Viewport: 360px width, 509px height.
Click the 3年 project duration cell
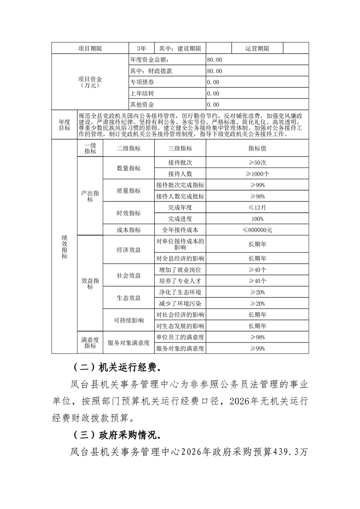tap(141, 48)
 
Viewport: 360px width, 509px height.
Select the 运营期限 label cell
tap(257, 48)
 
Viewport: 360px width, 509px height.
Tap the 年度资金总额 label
tap(149, 59)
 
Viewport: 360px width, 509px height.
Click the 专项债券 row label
tap(142, 82)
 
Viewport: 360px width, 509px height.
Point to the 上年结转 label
tap(142, 93)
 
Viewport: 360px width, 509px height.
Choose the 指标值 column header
tap(257, 148)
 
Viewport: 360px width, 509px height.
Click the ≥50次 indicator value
tap(257, 162)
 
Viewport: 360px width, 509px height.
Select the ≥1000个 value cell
tap(257, 173)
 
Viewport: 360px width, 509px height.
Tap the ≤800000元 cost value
tap(257, 230)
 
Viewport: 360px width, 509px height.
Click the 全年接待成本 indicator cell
tap(180, 230)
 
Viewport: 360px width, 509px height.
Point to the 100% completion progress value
tap(257, 219)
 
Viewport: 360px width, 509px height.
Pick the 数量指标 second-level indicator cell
tap(128, 168)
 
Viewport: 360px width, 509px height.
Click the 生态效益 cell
tap(128, 298)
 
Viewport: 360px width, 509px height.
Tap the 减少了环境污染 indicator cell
tap(180, 303)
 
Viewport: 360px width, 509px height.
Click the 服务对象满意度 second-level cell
tap(128, 343)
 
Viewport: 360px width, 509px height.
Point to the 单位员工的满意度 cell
tap(180, 337)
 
